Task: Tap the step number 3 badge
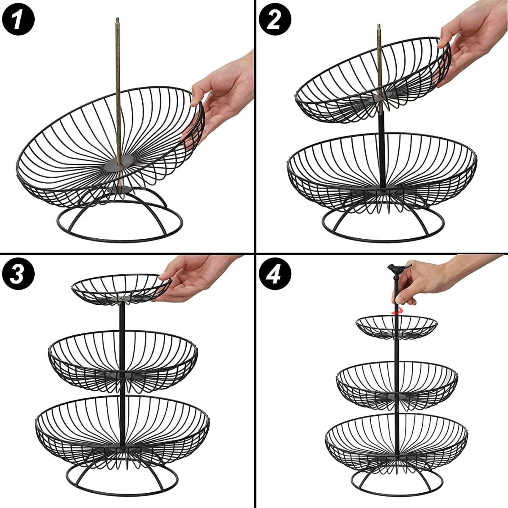18,274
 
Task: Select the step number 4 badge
274,274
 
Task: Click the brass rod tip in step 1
117,23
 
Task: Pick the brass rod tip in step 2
379,30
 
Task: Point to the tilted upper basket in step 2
373,80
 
